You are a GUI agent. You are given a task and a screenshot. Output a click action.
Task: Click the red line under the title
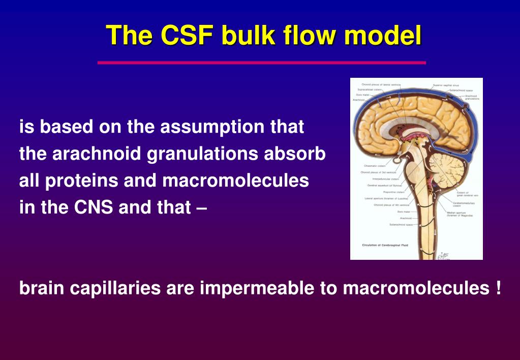click(x=261, y=63)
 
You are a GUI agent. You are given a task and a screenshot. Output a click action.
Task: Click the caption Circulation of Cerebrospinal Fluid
click(x=384, y=245)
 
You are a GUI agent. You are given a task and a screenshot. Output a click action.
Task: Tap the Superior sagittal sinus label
click(x=446, y=85)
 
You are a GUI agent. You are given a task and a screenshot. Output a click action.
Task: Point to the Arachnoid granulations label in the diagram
click(x=472, y=97)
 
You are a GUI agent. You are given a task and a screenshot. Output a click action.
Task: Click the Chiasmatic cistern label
click(x=375, y=166)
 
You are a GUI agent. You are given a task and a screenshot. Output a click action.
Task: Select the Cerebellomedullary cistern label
click(x=463, y=203)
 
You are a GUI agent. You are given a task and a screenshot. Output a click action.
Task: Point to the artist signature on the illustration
click(x=444, y=254)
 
